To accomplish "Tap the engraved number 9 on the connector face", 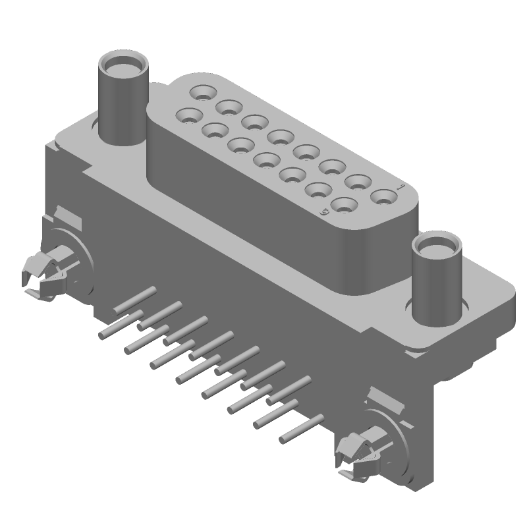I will pyautogui.click(x=323, y=212).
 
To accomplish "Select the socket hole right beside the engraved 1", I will pyautogui.click(x=381, y=196).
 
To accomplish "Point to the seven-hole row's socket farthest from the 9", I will pyautogui.click(x=188, y=117).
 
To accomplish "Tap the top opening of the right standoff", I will pyautogui.click(x=435, y=248).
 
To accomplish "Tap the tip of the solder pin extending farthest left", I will pyautogui.click(x=102, y=335).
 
